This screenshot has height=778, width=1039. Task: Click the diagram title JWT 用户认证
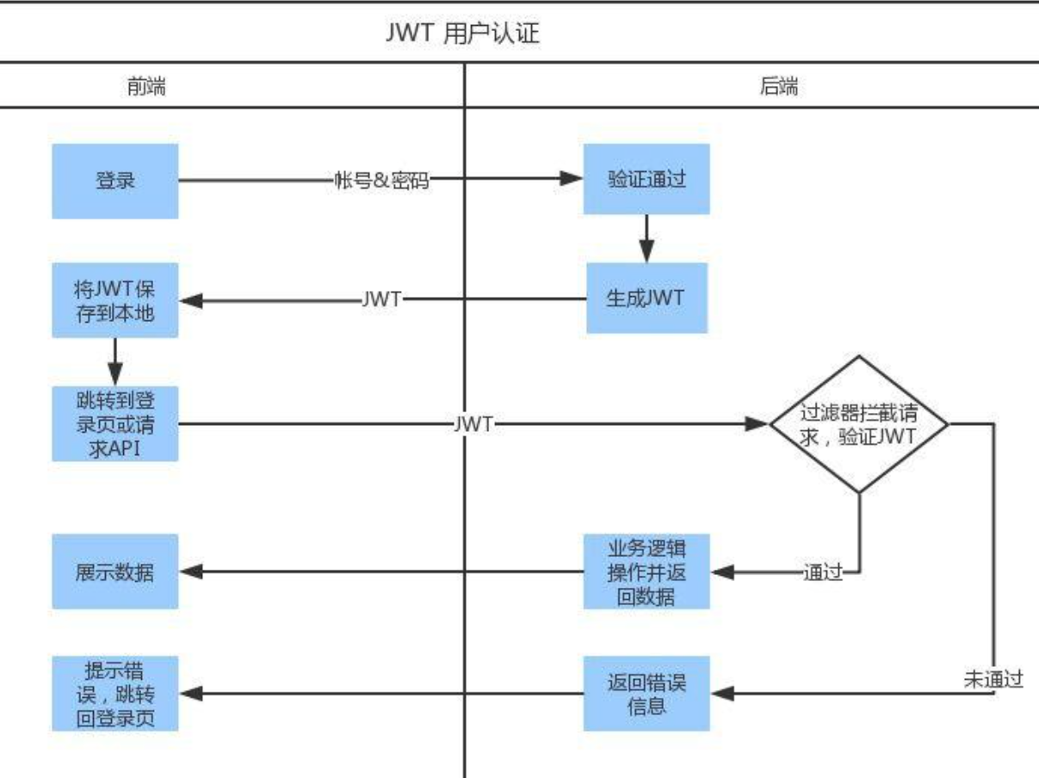[465, 35]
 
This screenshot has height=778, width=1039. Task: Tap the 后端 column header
[778, 87]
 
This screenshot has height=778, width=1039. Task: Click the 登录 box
[114, 181]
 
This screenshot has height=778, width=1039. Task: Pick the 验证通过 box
[646, 180]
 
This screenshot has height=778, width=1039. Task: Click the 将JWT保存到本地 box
[114, 300]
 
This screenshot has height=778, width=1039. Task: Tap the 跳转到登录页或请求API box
[114, 423]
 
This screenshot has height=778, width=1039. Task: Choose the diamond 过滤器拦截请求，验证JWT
[858, 423]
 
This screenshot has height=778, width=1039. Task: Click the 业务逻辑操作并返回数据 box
[646, 571]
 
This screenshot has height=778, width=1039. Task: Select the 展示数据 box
[114, 571]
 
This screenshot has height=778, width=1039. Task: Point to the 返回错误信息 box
[646, 693]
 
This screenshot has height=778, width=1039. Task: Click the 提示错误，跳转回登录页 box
[114, 693]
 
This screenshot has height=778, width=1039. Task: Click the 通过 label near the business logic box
[821, 572]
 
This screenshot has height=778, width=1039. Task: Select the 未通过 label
[993, 679]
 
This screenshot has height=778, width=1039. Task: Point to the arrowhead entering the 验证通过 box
[572, 180]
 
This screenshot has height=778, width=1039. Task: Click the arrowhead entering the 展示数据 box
[190, 571]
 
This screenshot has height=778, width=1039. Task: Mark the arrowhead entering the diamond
[757, 423]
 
